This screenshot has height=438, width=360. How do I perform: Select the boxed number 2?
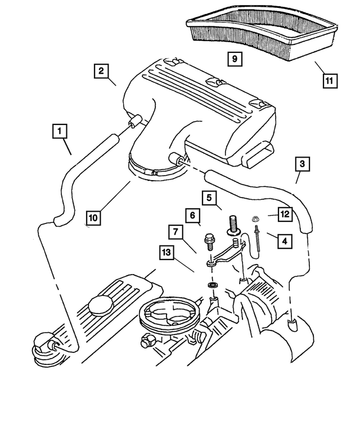pos(102,71)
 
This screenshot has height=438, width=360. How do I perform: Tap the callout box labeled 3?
pos(302,164)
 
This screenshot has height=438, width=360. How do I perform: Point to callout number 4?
pos(284,240)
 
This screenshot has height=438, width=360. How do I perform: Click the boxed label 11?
pos(330,81)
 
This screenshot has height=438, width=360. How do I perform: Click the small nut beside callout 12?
pos(255,216)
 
